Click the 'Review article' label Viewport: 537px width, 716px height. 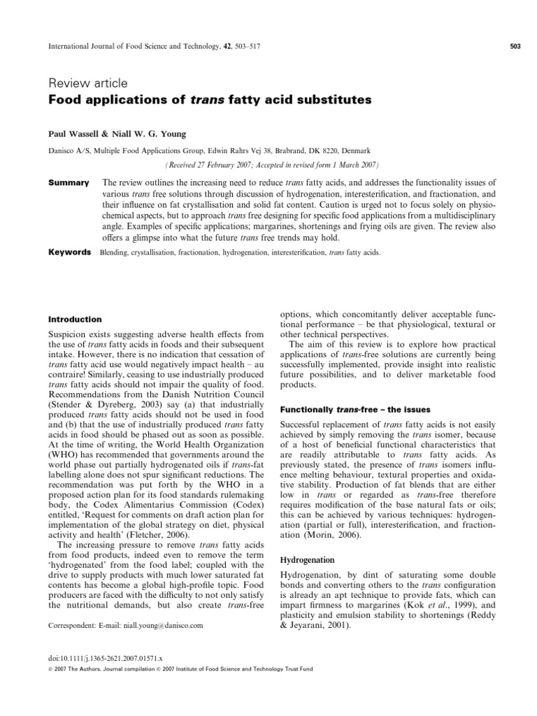[x=87, y=84]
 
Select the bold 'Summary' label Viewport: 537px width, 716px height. [x=68, y=182]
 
